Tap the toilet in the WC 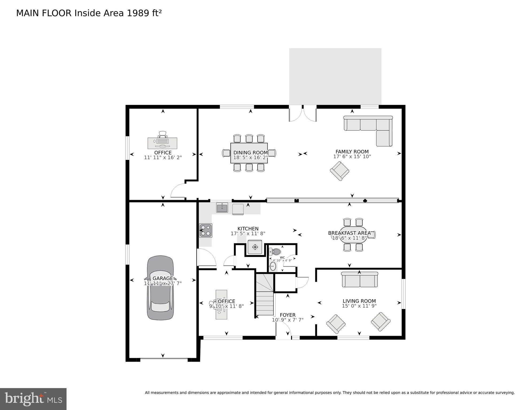pyautogui.click(x=276, y=252)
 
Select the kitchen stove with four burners pyautogui.click(x=206, y=231)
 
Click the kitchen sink pyautogui.click(x=222, y=208)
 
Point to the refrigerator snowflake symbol pyautogui.click(x=255, y=247)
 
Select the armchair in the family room pyautogui.click(x=339, y=171)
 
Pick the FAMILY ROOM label pyautogui.click(x=352, y=152)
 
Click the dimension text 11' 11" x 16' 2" pyautogui.click(x=163, y=158)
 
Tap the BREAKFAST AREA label pyautogui.click(x=349, y=233)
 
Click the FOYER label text pyautogui.click(x=288, y=315)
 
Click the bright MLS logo pyautogui.click(x=33, y=399)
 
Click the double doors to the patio pyautogui.click(x=303, y=114)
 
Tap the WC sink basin pyautogui.click(x=273, y=266)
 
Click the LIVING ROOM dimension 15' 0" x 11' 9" pyautogui.click(x=359, y=306)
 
